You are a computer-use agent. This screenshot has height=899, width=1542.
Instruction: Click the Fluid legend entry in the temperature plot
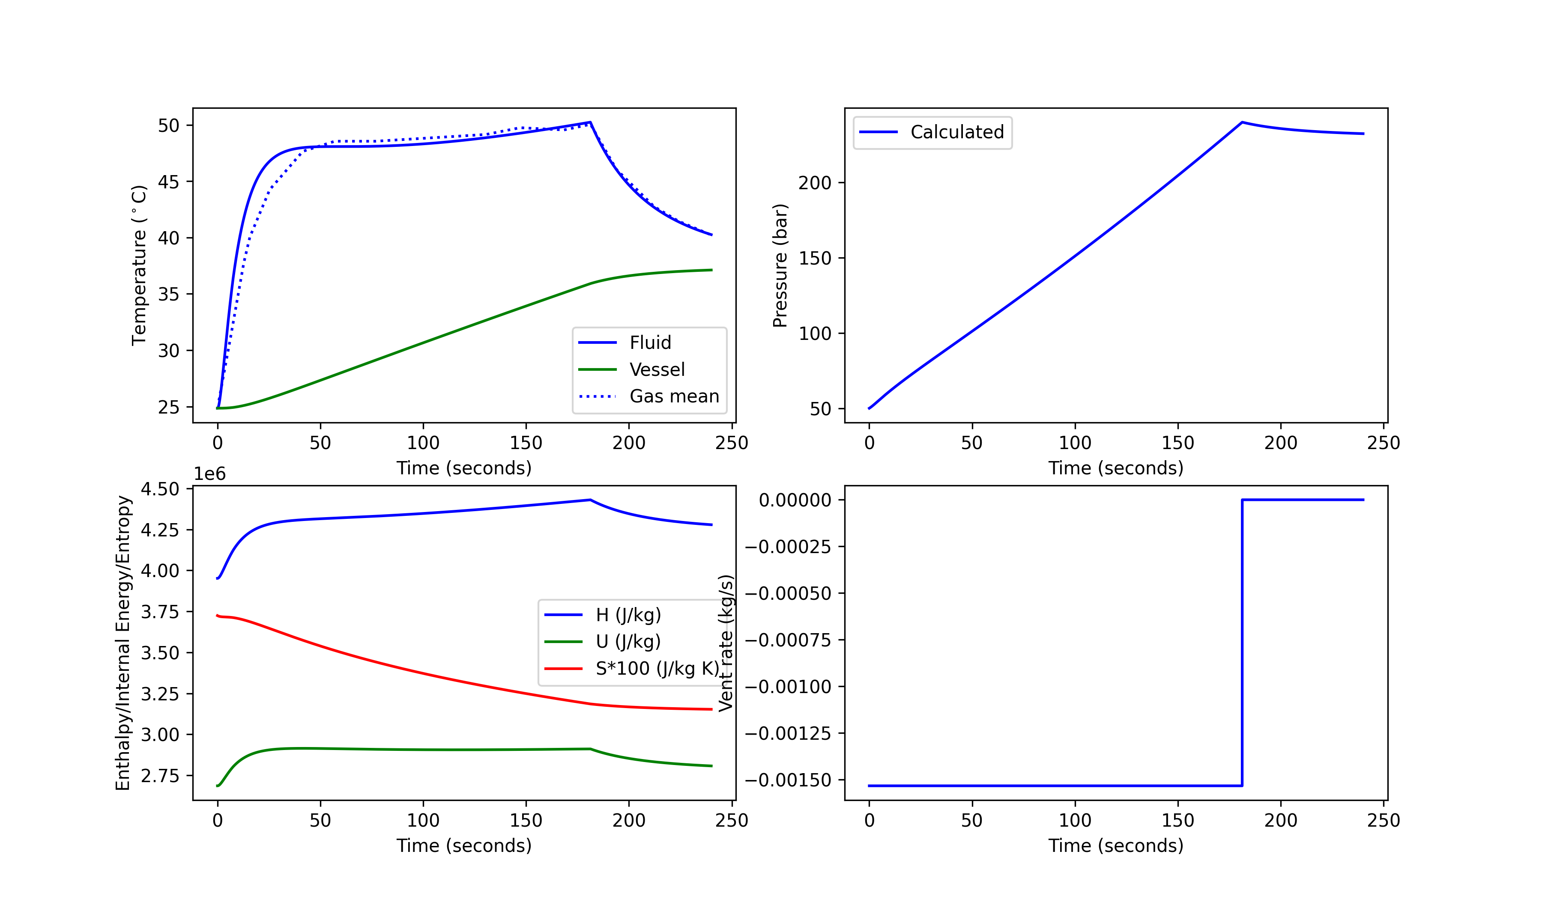point(650,342)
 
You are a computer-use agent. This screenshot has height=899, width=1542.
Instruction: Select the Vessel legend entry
point(657,369)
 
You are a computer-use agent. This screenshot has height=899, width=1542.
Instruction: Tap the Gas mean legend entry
point(674,396)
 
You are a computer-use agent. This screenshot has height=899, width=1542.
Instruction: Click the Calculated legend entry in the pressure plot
point(956,132)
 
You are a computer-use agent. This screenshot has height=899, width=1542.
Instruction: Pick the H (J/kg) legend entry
point(628,615)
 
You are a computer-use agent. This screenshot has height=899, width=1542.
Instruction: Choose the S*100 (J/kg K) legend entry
point(657,668)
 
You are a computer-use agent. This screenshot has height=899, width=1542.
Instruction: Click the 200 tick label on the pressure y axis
point(814,183)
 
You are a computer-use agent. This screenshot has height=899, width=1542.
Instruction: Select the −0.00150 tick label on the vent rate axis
point(788,780)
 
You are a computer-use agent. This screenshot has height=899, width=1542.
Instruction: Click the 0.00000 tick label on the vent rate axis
point(795,500)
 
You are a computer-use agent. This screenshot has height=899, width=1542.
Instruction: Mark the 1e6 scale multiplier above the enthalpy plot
point(210,474)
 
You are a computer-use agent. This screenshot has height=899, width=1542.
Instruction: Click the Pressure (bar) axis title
point(780,265)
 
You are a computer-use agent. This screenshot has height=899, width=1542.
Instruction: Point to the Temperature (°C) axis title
point(140,265)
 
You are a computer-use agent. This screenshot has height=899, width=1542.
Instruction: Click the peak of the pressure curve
point(1242,122)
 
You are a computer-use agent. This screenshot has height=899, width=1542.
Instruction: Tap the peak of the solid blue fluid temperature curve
point(590,122)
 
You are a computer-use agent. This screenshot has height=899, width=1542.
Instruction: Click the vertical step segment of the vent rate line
point(1242,642)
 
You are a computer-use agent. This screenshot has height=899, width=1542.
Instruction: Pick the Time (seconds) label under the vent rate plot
point(1115,846)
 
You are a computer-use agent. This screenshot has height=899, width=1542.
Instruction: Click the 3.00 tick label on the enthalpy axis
point(160,735)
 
